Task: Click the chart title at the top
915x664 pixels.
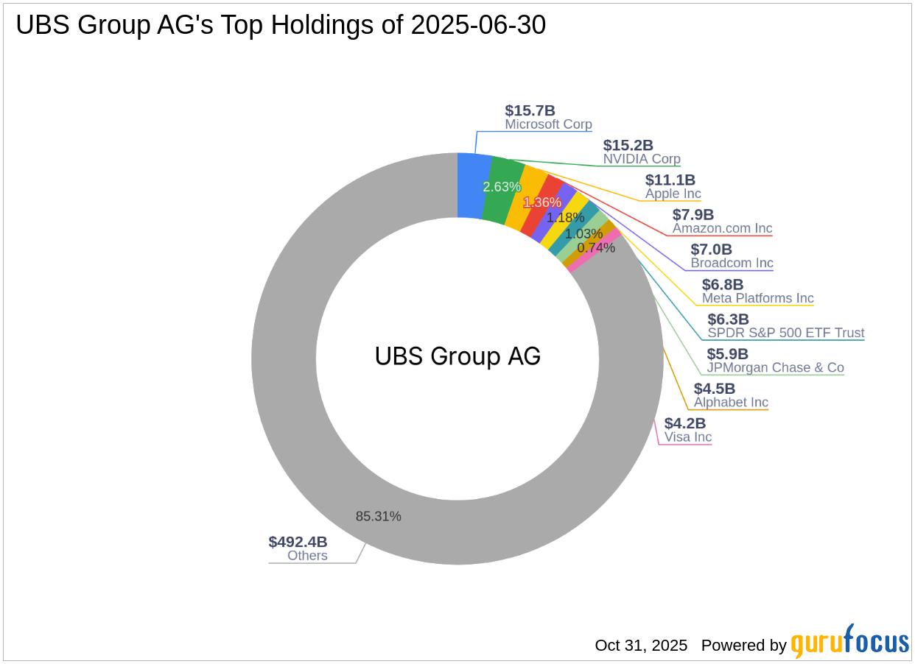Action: tap(281, 26)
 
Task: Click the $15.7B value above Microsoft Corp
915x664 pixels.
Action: tap(530, 110)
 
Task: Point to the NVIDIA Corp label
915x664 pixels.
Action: tap(642, 159)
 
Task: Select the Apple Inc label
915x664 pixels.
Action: tap(673, 194)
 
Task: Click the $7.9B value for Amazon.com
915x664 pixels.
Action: tap(693, 214)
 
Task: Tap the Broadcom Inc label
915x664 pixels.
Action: tap(732, 263)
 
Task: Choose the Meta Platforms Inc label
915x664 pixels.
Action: tap(757, 298)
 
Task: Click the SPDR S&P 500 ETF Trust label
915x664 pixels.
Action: tap(785, 333)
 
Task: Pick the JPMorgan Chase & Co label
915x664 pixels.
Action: tap(775, 367)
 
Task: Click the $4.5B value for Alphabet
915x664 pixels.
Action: tap(714, 388)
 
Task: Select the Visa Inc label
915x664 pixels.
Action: tap(687, 437)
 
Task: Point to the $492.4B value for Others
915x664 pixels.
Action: tap(298, 542)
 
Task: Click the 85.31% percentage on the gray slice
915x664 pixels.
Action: tap(378, 516)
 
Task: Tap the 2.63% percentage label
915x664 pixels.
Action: tap(502, 187)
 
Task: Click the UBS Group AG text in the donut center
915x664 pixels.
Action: tap(458, 356)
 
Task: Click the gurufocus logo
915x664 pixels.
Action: tap(849, 643)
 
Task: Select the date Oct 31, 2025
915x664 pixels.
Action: tap(641, 646)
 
